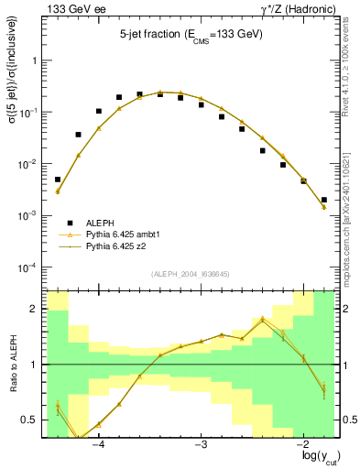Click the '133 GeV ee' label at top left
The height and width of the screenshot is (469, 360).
point(71,8)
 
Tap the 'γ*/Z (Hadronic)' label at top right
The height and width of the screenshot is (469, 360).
point(298,8)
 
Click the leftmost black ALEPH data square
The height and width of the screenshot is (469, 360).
point(58,180)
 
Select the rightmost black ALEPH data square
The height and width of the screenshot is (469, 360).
point(324,199)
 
